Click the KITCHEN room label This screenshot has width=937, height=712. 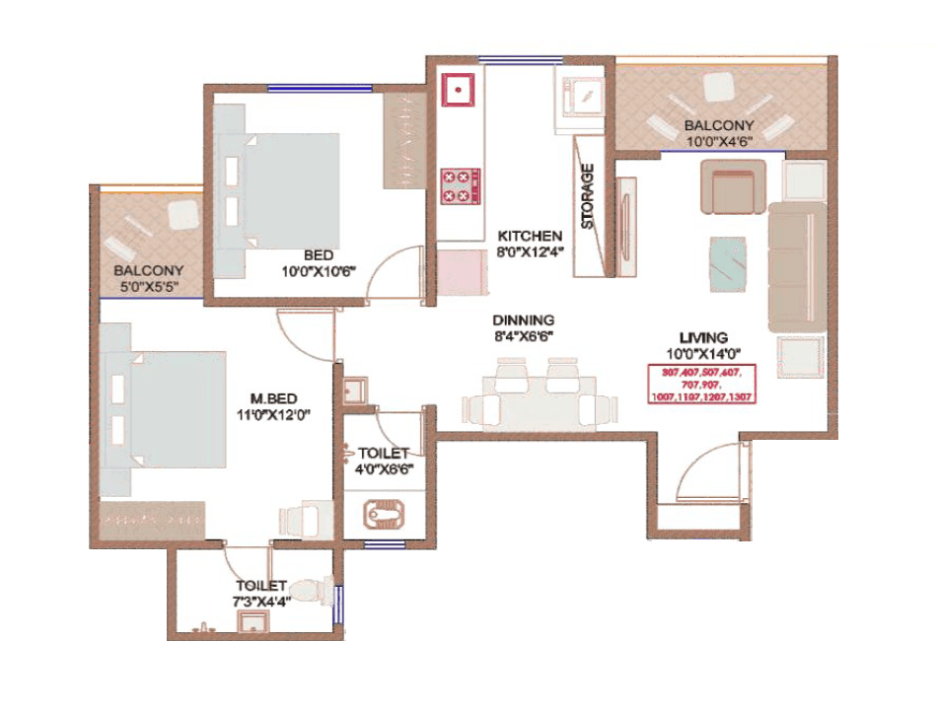click(x=530, y=237)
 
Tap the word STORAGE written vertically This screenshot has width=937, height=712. click(x=588, y=196)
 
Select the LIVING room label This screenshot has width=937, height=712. click(x=702, y=337)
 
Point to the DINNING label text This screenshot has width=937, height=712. click(x=524, y=320)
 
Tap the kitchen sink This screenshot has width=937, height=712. click(x=460, y=91)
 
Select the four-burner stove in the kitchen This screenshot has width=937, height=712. click(x=460, y=185)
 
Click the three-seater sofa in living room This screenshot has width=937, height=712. click(x=796, y=266)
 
